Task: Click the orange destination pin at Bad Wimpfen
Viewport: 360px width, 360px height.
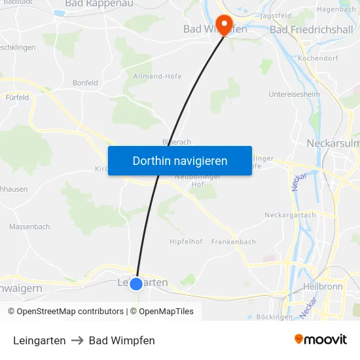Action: click(x=225, y=25)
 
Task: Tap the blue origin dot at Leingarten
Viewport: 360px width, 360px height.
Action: click(x=136, y=283)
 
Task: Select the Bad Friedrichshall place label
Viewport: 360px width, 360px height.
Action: click(x=311, y=29)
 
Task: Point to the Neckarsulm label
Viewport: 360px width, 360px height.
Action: click(x=334, y=143)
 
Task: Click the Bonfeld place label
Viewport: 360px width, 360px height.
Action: click(x=85, y=83)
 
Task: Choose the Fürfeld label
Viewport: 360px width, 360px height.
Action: click(x=18, y=98)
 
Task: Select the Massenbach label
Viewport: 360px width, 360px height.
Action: click(x=29, y=226)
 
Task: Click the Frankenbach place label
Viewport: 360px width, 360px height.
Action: click(x=234, y=242)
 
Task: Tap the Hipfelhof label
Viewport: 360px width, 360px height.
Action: click(x=185, y=242)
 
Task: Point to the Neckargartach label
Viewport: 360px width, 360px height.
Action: click(x=290, y=215)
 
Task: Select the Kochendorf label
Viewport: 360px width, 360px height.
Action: click(x=316, y=58)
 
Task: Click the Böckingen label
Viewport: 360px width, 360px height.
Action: click(x=275, y=317)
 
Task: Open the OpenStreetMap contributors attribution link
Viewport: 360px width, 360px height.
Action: click(x=70, y=312)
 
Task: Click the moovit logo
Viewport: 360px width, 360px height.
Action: click(x=321, y=340)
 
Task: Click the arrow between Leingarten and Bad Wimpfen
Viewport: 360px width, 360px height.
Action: click(x=77, y=340)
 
